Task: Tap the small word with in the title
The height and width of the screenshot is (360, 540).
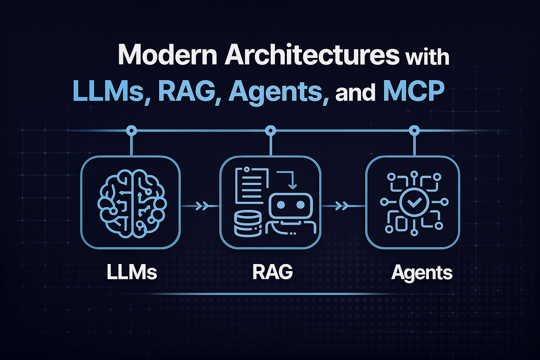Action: [x=427, y=57]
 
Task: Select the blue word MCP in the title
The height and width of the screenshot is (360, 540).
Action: [x=413, y=91]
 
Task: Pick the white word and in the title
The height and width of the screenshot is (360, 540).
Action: [x=356, y=92]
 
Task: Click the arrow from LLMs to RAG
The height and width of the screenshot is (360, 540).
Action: [x=200, y=206]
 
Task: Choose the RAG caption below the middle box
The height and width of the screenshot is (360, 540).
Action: [x=272, y=272]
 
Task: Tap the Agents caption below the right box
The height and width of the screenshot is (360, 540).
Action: [x=422, y=272]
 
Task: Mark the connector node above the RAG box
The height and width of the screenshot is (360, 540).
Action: [x=270, y=131]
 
